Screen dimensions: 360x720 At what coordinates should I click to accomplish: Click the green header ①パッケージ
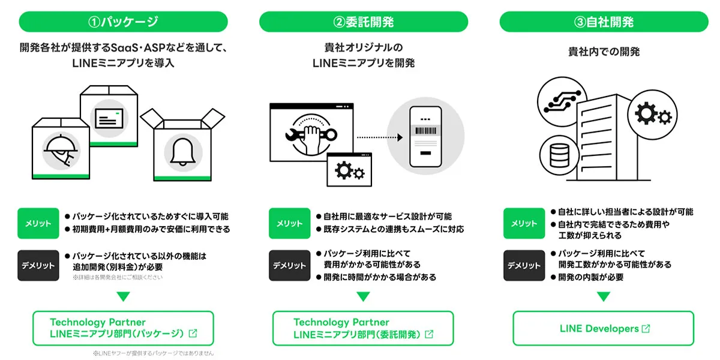(x=123, y=22)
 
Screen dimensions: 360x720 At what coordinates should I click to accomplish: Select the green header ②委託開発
(x=363, y=22)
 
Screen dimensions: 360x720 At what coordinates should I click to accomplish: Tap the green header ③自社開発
(x=603, y=22)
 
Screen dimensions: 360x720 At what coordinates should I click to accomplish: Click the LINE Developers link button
(x=603, y=328)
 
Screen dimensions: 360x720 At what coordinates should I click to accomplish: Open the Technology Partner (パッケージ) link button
(x=123, y=328)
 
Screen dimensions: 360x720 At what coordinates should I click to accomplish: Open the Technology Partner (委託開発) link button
(x=363, y=328)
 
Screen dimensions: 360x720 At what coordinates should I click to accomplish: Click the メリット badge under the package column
(x=38, y=223)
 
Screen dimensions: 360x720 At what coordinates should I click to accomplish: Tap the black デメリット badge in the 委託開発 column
(x=289, y=265)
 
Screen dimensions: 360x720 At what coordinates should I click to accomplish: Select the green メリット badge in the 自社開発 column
(x=524, y=223)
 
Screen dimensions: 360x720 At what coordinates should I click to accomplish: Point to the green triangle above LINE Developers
(x=603, y=296)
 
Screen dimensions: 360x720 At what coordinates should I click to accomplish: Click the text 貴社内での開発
(x=603, y=52)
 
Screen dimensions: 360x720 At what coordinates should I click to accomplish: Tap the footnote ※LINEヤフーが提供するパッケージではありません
(x=153, y=353)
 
